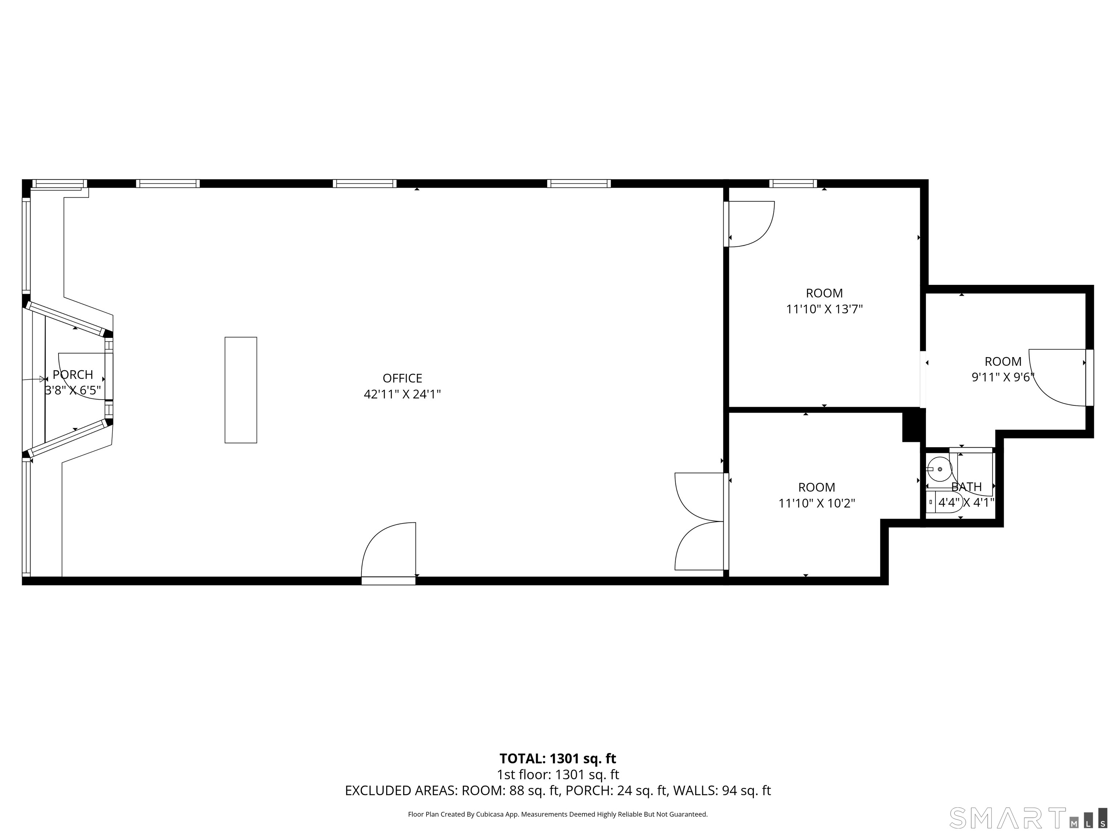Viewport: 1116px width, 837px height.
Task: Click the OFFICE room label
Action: click(402, 378)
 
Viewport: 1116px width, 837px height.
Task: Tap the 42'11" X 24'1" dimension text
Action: click(402, 394)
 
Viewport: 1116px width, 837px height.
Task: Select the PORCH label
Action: click(73, 374)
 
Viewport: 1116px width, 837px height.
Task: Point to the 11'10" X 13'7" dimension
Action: click(824, 309)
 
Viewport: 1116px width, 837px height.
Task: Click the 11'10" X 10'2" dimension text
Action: click(817, 503)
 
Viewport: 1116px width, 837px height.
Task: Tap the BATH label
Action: click(967, 487)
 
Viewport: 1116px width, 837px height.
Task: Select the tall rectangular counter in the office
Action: click(240, 390)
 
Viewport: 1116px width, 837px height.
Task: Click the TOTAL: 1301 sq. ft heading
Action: click(558, 758)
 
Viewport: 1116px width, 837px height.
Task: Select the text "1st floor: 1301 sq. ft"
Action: click(558, 775)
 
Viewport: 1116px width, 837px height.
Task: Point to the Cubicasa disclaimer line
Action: click(558, 814)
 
